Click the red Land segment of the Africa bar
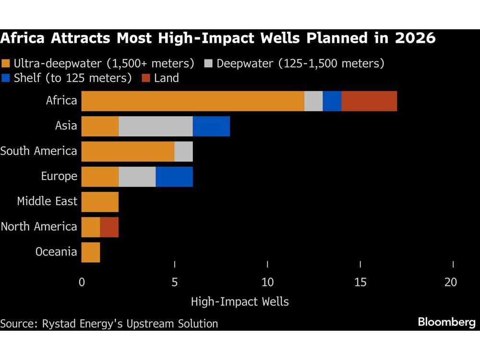click(369, 101)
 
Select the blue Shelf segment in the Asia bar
click(211, 126)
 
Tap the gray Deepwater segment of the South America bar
click(183, 152)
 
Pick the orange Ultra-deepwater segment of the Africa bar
click(192, 101)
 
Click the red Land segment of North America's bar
click(109, 227)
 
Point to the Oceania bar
click(91, 252)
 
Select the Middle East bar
click(100, 202)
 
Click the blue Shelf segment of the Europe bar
click(174, 177)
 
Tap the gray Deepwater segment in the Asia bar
click(156, 126)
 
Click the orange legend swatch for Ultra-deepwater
click(6, 63)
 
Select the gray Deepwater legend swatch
click(208, 63)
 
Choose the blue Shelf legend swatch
click(6, 78)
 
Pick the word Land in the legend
click(166, 78)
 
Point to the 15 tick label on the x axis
click(360, 282)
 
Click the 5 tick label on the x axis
click(175, 282)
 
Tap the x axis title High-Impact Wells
click(240, 302)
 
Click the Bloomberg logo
click(446, 322)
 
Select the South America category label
click(38, 151)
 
